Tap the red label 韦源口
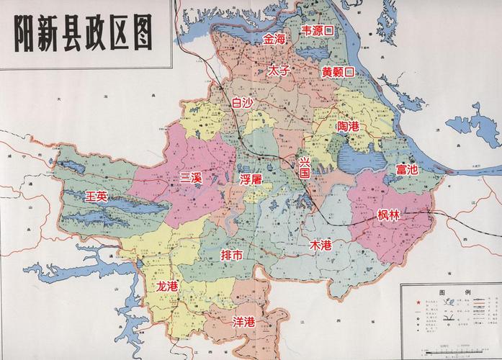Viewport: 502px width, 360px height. pos(317,31)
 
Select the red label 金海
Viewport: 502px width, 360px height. pos(274,39)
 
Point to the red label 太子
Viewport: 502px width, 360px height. pos(278,71)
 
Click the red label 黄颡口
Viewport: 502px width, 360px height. pos(338,72)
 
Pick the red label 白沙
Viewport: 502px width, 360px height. pos(242,103)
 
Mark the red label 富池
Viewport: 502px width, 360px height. pos(406,170)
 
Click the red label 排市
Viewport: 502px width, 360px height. pos(232,256)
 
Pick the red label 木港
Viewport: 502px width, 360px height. pos(321,245)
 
